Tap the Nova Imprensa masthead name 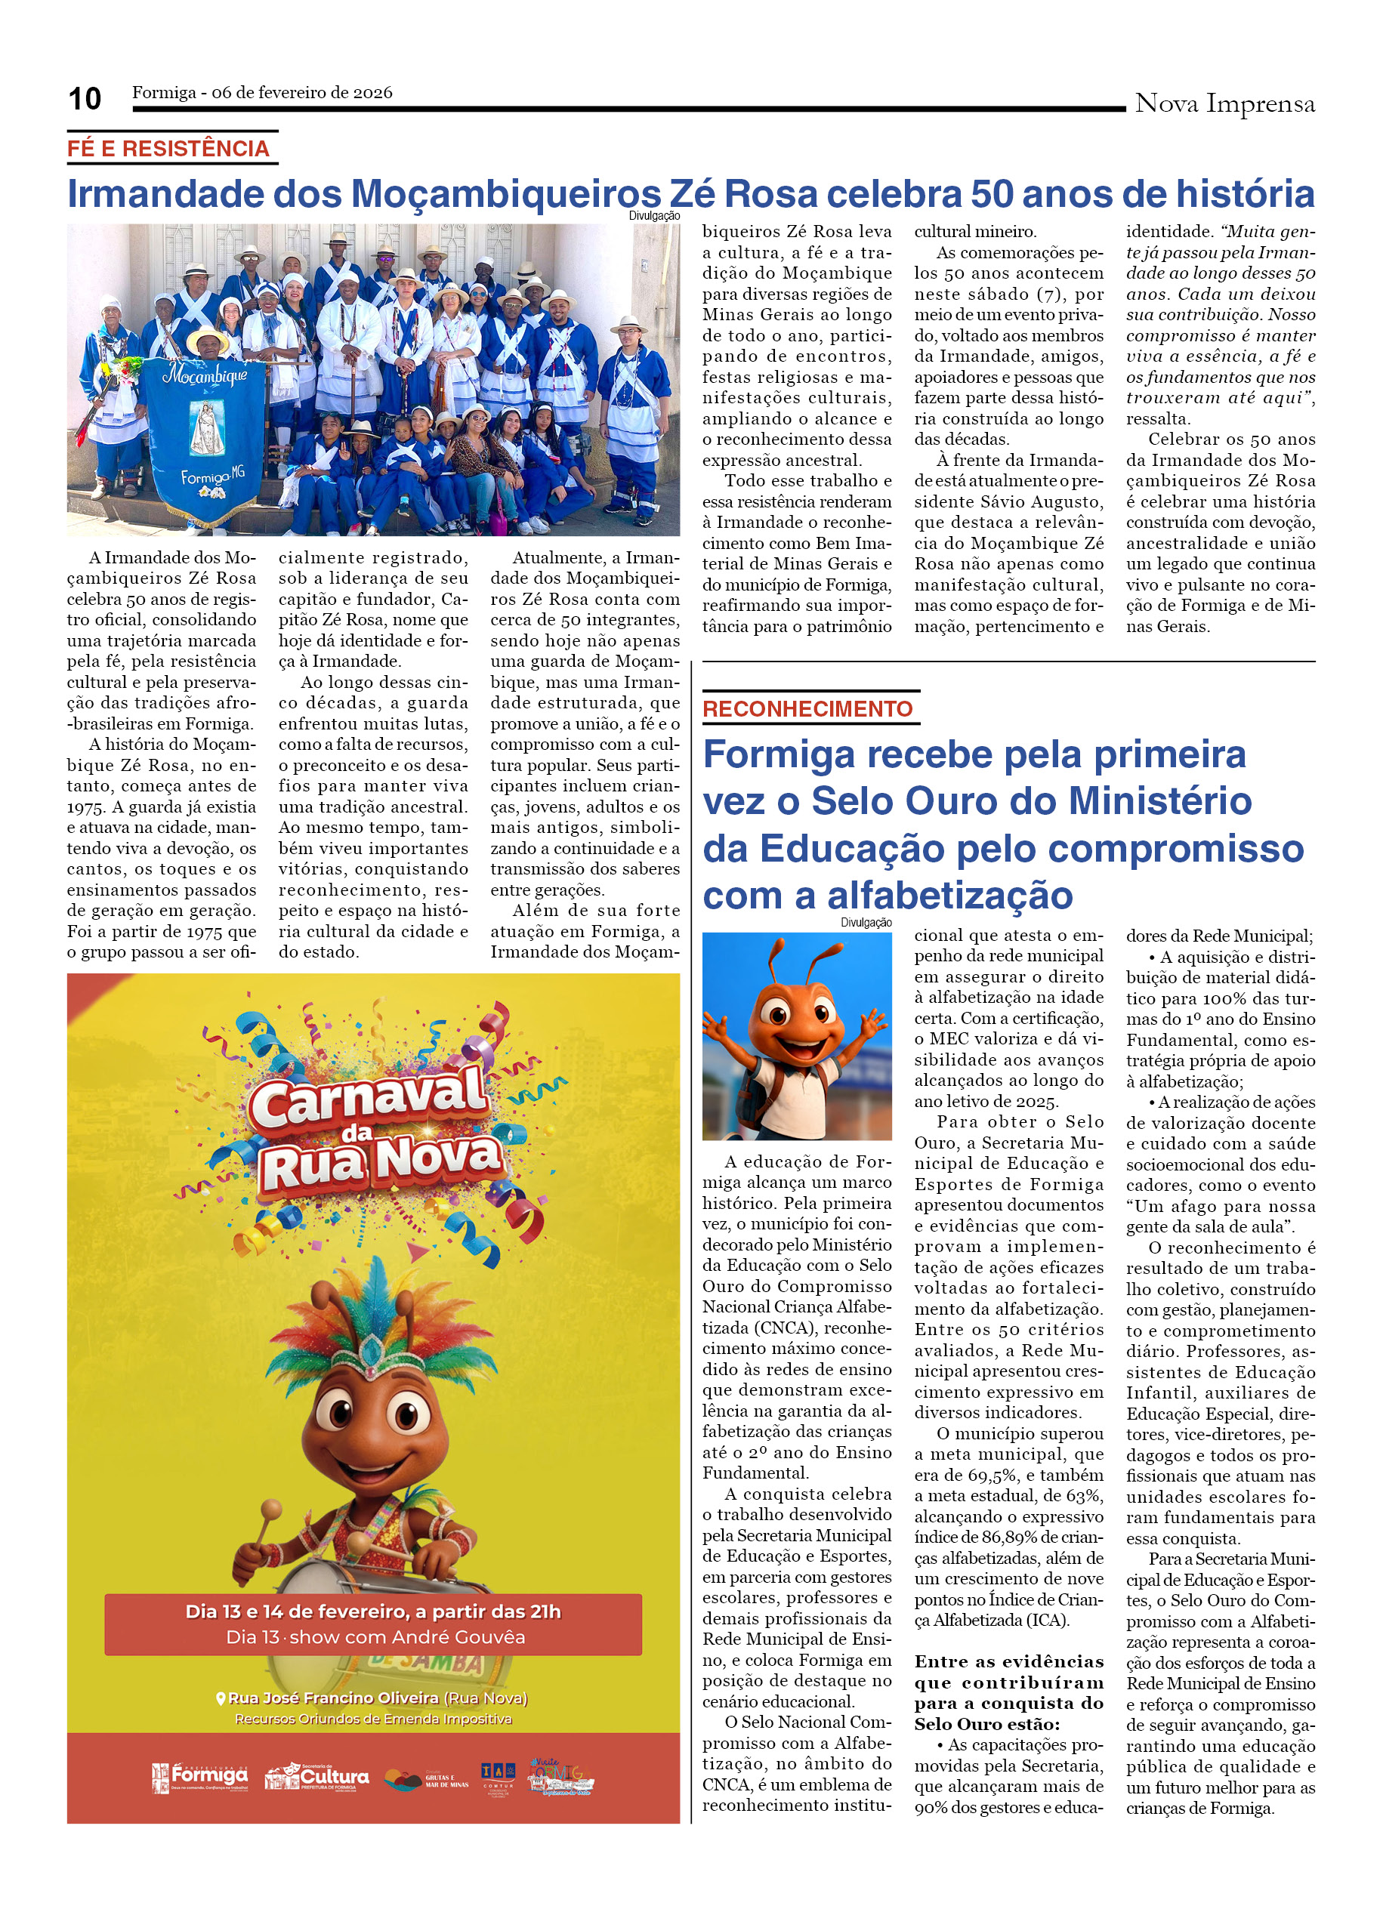tap(1224, 103)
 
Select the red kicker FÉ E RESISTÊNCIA tap(168, 149)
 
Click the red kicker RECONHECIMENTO tap(807, 709)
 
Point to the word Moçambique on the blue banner tap(206, 375)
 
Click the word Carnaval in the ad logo tap(369, 1096)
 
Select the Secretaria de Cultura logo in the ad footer tap(317, 1777)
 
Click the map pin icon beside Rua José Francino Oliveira tap(221, 1698)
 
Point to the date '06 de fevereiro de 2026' tap(301, 93)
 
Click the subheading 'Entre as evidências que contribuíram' tap(1008, 1672)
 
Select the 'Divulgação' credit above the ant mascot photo tap(866, 923)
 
